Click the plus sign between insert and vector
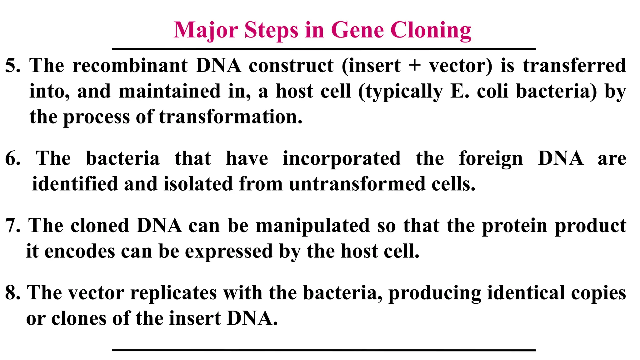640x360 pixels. click(x=414, y=66)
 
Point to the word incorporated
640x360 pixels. click(x=342, y=158)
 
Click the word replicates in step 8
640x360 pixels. click(x=173, y=293)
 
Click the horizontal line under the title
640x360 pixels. click(x=324, y=49)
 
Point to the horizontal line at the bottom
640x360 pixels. click(x=324, y=350)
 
